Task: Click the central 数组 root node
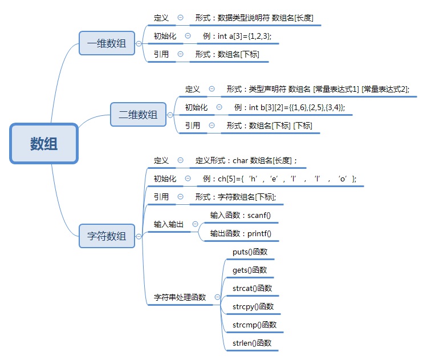43,143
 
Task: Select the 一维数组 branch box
107,43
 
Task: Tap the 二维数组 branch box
138,115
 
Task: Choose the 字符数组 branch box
107,236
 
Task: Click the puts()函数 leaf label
250,252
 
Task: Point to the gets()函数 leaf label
250,270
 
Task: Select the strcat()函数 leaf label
253,288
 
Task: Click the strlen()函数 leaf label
252,343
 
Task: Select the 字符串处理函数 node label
180,297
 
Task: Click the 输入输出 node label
169,225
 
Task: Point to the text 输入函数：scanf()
241,215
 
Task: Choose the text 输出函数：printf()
241,233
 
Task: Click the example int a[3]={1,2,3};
237,36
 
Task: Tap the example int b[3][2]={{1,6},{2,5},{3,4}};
289,107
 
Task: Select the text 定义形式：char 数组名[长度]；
246,161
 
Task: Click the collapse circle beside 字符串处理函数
217,297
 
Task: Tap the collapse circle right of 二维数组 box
170,115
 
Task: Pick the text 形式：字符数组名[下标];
235,197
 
